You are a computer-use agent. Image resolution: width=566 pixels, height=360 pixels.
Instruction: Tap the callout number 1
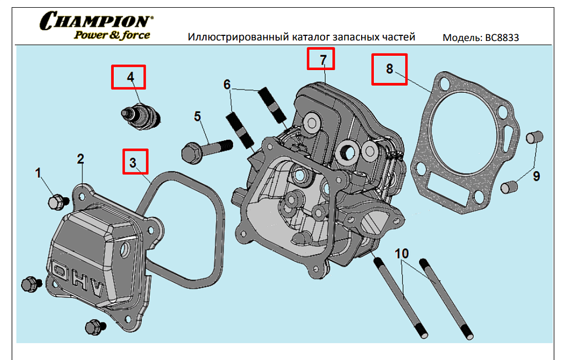38,173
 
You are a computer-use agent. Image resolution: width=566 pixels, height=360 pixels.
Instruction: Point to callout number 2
81,159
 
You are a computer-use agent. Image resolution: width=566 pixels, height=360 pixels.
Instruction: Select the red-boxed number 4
130,77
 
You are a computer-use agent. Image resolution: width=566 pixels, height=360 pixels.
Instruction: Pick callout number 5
197,117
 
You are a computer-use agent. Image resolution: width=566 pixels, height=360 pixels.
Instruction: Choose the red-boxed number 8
389,68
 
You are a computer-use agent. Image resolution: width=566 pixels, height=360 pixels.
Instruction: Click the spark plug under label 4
141,115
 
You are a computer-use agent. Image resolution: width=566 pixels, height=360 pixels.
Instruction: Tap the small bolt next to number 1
56,202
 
